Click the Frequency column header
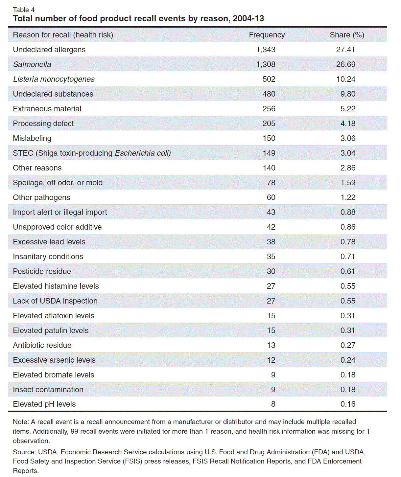tap(267, 35)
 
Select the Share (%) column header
tap(347, 35)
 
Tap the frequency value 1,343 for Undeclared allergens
tap(266, 50)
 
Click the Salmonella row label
tap(32, 64)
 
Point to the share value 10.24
tap(345, 79)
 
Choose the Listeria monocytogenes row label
tap(54, 79)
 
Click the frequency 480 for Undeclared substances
tap(269, 94)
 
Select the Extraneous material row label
tap(47, 109)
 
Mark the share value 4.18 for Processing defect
tap(348, 124)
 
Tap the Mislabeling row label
tap(32, 138)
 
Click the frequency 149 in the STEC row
tap(269, 153)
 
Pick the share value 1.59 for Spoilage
tap(348, 183)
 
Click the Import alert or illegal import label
tap(60, 212)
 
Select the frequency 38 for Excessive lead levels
tap(271, 242)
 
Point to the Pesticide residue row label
tap(42, 271)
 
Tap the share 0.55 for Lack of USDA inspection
tap(348, 301)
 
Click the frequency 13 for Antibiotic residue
tap(271, 345)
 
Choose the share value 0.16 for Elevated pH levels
tap(348, 404)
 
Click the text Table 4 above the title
tap(24, 10)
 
